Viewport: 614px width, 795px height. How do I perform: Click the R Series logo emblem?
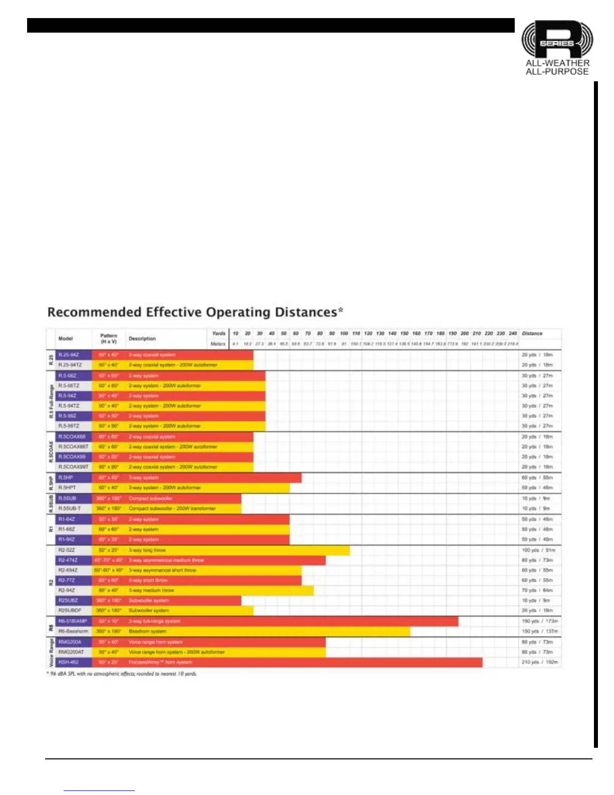[x=557, y=40]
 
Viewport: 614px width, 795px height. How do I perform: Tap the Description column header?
[x=142, y=339]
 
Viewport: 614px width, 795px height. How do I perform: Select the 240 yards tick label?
[x=513, y=333]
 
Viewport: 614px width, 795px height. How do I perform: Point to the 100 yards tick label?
[x=344, y=333]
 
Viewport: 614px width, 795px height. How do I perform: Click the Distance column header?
[x=532, y=333]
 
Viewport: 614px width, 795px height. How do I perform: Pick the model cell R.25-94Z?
[x=69, y=355]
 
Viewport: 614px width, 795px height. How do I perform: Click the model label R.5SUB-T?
[x=70, y=508]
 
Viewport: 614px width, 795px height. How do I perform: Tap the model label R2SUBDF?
[x=70, y=610]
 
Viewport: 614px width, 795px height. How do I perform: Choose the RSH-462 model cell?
[x=68, y=662]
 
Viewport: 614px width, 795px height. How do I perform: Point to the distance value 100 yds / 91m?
[x=538, y=550]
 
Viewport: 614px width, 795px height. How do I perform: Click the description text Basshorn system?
[x=147, y=631]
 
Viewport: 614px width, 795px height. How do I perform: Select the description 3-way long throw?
[x=147, y=550]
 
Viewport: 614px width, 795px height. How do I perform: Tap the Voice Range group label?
[x=51, y=652]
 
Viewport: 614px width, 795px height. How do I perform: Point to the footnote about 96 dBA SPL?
[x=122, y=674]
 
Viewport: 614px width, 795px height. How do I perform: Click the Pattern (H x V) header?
[x=108, y=339]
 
